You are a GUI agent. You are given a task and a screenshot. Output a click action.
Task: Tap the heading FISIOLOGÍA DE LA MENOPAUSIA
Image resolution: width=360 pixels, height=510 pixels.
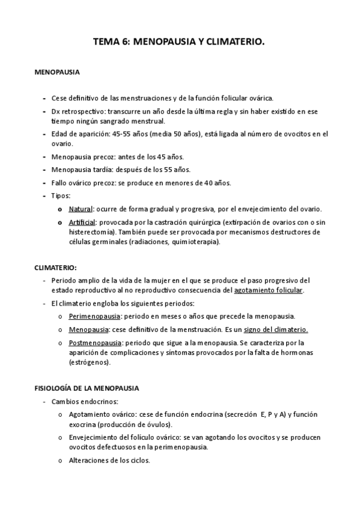[x=87, y=388]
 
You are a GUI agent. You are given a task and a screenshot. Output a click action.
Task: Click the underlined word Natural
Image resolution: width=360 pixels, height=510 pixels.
[x=80, y=209]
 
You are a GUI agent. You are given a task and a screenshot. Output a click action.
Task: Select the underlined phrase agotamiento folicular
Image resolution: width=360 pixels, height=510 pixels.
[x=269, y=290]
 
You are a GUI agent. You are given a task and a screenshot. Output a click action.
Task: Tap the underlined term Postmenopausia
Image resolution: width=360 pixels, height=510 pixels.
[x=95, y=343]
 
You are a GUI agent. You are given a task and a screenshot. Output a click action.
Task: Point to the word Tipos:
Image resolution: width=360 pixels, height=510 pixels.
[x=61, y=195]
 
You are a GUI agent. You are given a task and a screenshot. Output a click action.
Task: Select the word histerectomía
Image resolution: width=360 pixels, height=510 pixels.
[x=95, y=232]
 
